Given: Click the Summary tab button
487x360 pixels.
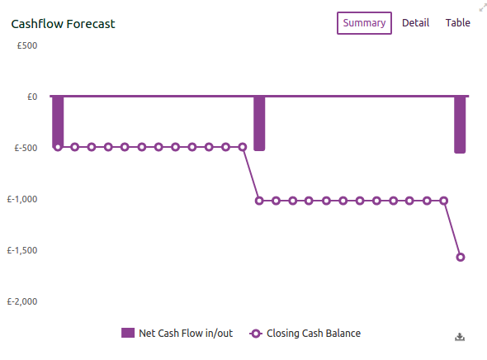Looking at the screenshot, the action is click(x=364, y=23).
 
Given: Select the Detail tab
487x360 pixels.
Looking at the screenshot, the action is click(x=415, y=23).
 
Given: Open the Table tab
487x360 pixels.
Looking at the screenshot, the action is click(x=458, y=23).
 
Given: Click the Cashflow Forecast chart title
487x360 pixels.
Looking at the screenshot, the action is click(x=63, y=24).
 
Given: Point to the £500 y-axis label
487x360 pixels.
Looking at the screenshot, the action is click(x=27, y=45).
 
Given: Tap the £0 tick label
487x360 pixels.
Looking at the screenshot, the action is click(x=32, y=97).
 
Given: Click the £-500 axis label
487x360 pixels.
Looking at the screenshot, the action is click(x=26, y=148).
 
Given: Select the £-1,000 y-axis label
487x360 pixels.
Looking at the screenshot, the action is click(x=22, y=199).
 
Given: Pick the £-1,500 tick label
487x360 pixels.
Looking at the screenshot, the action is click(x=22, y=250).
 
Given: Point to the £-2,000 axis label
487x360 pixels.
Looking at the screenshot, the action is click(x=22, y=301).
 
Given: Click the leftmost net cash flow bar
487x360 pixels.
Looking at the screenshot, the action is click(x=58, y=121).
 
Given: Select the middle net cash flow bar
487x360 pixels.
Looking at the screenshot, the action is click(x=259, y=124).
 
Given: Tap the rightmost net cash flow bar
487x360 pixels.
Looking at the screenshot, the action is click(x=460, y=125).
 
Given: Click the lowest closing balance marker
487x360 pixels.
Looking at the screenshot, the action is click(x=461, y=257).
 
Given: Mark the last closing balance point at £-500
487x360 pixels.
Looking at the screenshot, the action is click(x=243, y=147).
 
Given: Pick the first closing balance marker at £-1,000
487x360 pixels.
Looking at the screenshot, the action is click(x=259, y=201).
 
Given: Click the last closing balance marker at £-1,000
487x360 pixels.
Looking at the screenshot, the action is click(x=444, y=201).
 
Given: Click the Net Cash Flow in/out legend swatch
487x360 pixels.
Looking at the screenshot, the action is click(x=128, y=333).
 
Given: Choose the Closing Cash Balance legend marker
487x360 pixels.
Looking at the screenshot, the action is click(x=256, y=334).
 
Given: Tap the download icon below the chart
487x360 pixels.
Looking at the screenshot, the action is click(x=460, y=337).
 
